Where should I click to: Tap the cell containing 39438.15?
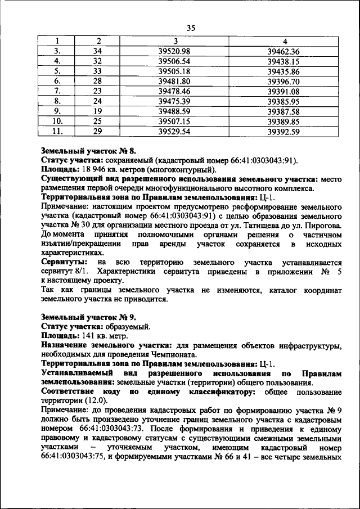(x=284, y=61)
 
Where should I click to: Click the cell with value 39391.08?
(x=284, y=91)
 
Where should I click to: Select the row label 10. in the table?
(x=57, y=121)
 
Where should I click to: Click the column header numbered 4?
(x=284, y=41)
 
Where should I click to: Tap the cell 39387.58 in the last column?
(x=284, y=111)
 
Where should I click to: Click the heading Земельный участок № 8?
(x=89, y=151)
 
